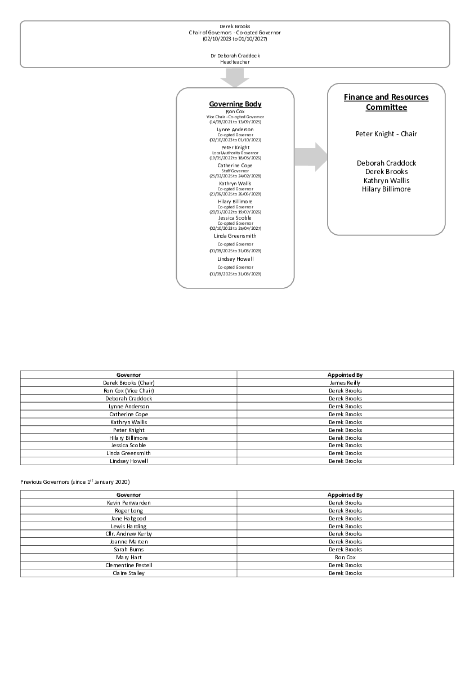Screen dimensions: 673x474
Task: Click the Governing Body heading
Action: tap(235, 104)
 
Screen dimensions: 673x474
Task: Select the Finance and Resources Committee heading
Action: tap(386, 102)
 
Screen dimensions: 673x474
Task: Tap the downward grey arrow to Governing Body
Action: tap(235, 79)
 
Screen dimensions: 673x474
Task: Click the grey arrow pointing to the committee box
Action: tap(311, 157)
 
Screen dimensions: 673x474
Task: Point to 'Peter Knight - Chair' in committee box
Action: tap(386, 134)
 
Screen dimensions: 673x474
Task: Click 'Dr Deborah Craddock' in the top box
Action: tap(235, 56)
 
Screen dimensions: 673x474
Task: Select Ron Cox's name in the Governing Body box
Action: tap(235, 112)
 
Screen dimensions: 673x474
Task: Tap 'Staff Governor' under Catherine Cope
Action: tap(235, 171)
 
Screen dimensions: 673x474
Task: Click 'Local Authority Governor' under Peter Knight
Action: tap(235, 153)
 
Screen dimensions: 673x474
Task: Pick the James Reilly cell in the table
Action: tap(345, 383)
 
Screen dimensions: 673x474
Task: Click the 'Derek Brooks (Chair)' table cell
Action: tap(129, 383)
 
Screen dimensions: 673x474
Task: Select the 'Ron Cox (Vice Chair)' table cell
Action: tap(129, 391)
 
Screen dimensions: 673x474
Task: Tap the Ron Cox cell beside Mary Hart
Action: tap(345, 558)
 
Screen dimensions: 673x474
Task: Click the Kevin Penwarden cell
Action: tap(129, 503)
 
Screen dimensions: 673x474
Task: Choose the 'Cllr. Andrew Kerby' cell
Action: tap(129, 534)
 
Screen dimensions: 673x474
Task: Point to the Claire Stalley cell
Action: tap(129, 573)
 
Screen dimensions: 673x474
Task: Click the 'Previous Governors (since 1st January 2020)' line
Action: tap(75, 482)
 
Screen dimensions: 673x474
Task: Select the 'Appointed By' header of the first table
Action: tap(345, 375)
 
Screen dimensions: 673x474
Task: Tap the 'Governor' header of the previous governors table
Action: tap(129, 495)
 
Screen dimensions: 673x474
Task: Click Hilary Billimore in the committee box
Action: tap(386, 189)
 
